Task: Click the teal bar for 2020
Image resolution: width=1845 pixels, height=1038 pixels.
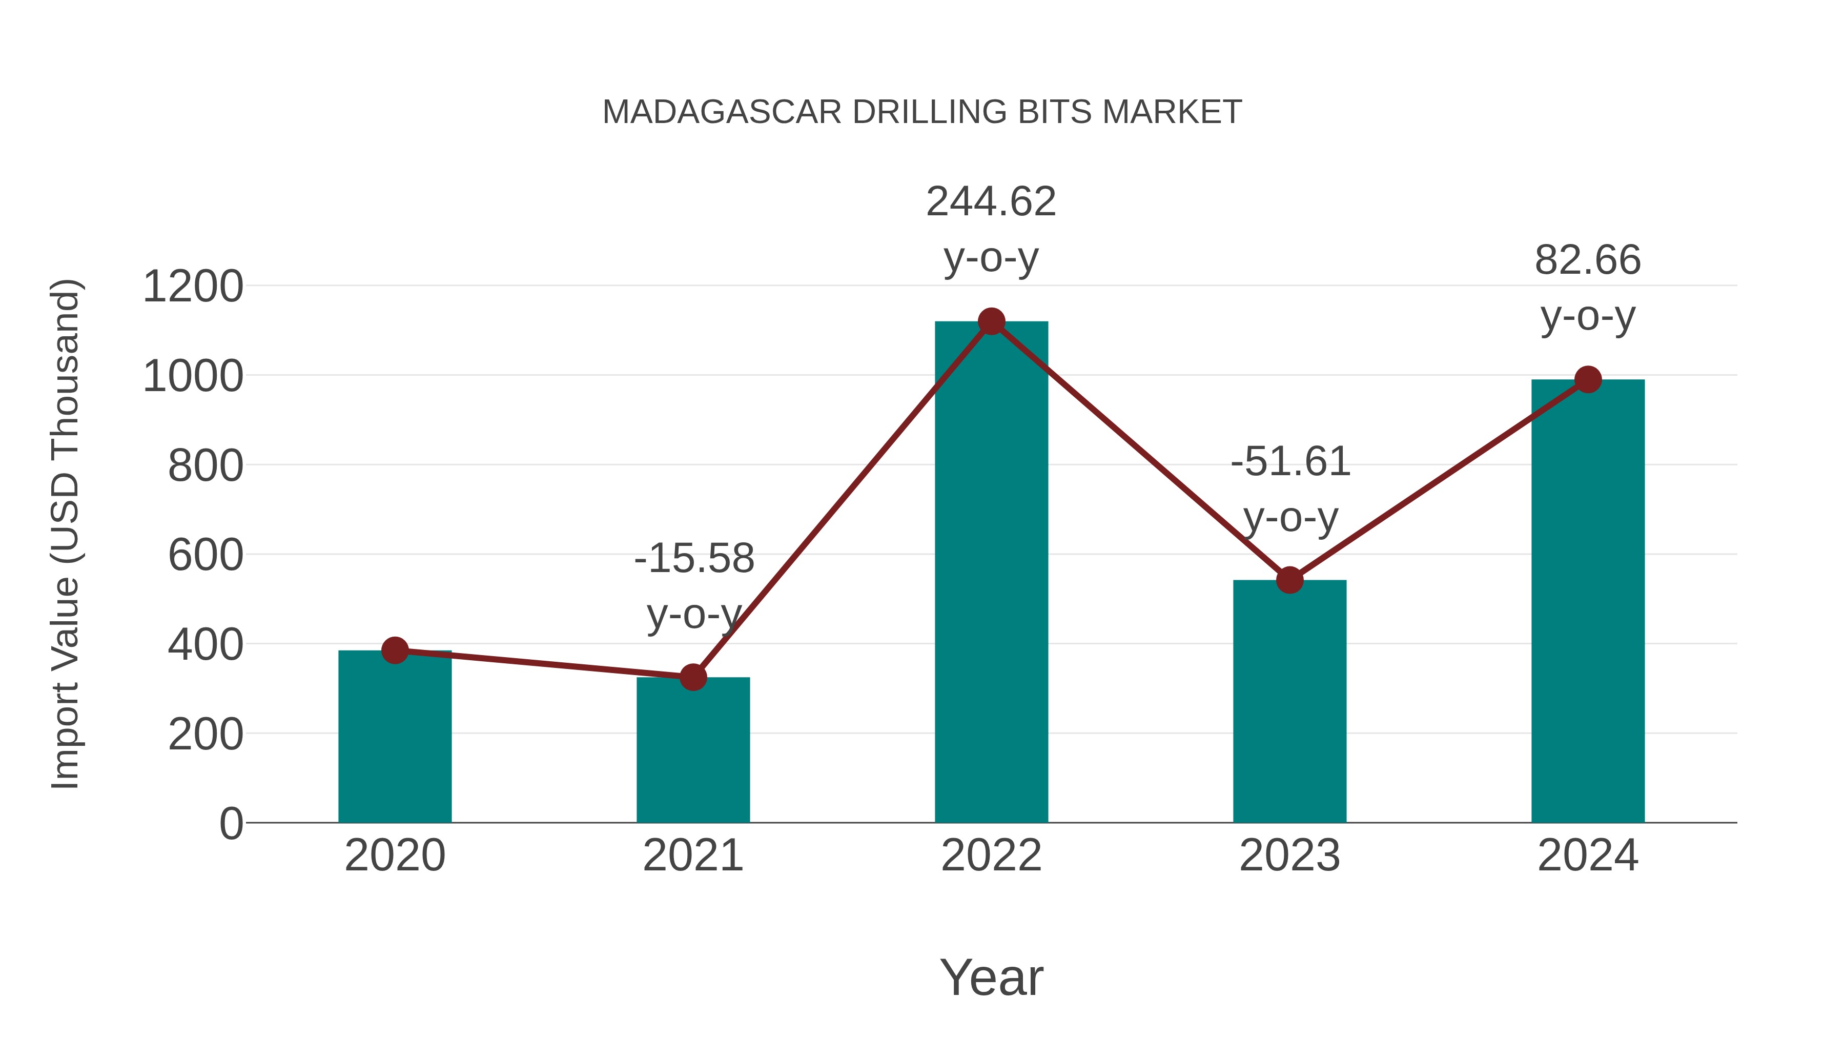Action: pos(395,738)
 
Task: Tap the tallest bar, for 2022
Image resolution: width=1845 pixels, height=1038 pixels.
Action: pos(991,573)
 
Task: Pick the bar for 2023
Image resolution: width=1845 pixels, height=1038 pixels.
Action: pos(1289,702)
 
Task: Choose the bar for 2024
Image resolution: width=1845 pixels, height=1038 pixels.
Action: pos(1588,602)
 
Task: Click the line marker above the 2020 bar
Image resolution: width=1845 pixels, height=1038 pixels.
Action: pos(395,650)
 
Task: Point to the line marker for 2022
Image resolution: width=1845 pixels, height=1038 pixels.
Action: pos(991,321)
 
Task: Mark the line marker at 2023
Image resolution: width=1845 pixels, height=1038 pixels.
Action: pos(1289,580)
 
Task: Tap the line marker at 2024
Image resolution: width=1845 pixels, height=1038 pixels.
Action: pos(1588,380)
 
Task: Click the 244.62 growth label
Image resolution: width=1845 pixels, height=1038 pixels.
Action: pos(991,201)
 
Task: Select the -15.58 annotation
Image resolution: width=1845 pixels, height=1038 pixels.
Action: pos(694,558)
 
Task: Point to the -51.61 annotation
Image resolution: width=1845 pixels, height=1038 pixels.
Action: pos(1290,461)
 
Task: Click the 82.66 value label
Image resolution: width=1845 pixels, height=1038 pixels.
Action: pos(1588,259)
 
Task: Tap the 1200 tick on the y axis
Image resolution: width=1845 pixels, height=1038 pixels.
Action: pos(193,287)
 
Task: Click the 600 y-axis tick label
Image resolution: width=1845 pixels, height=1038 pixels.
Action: pos(206,555)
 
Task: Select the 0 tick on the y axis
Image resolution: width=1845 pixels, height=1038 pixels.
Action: pos(231,823)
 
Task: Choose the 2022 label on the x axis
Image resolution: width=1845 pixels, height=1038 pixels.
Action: pos(991,856)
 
